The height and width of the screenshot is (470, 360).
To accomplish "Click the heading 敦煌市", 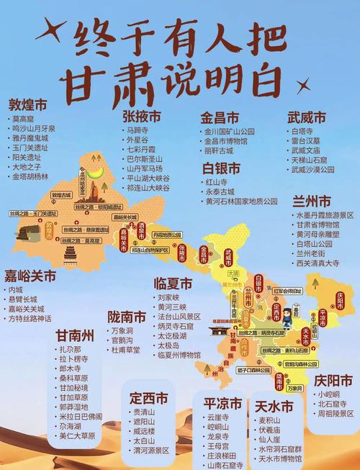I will coord(30,102).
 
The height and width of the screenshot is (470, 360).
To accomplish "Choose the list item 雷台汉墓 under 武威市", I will coord(307,142).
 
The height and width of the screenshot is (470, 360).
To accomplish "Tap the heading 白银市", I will coord(221,168).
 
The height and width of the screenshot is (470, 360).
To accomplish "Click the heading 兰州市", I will coord(312,200).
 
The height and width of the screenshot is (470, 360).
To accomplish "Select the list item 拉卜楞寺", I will coord(75,358).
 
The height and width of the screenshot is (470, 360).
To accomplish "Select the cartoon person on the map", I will coord(284,316).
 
